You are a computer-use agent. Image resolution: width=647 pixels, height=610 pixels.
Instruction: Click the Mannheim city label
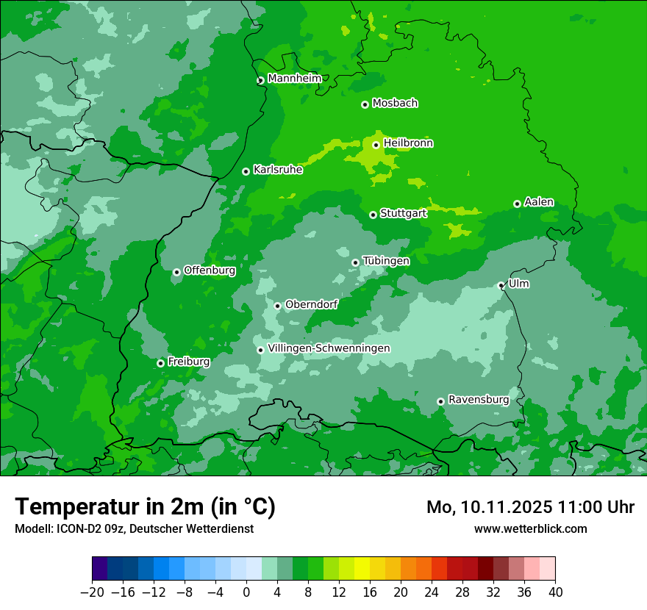(x=294, y=79)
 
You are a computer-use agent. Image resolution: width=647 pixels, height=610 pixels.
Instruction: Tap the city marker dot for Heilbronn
(x=376, y=145)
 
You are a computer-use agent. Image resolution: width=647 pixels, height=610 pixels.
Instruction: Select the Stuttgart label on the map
(x=403, y=213)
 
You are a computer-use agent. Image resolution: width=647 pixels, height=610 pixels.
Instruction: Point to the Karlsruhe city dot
(x=246, y=171)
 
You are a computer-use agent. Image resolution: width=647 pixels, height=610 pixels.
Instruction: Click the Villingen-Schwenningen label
(x=329, y=348)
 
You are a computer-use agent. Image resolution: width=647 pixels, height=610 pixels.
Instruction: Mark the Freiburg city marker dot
(x=160, y=363)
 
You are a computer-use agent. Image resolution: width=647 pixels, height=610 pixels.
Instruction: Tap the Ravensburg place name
(x=478, y=400)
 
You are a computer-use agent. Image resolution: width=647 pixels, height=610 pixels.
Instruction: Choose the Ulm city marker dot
(x=501, y=285)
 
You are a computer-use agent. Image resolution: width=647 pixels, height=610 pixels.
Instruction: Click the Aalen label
(x=539, y=202)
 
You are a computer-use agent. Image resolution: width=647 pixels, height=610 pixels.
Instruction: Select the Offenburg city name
(x=209, y=270)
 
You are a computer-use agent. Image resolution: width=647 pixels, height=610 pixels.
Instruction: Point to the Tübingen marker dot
(x=355, y=262)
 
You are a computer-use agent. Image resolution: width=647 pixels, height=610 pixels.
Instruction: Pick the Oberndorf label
(x=311, y=304)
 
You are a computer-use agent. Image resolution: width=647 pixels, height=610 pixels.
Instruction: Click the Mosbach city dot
(x=365, y=104)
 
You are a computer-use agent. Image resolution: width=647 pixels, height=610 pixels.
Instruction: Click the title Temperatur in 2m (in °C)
(x=145, y=506)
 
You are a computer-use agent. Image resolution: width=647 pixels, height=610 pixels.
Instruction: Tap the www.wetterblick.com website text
(x=530, y=528)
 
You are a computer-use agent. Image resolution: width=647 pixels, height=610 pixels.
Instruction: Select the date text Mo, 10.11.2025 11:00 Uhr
(x=530, y=507)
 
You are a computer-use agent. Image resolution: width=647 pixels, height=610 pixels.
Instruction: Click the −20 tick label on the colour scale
(x=92, y=592)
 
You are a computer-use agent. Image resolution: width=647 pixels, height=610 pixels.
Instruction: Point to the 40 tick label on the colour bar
(x=555, y=592)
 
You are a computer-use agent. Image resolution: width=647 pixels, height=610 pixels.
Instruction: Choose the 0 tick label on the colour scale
(x=246, y=592)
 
